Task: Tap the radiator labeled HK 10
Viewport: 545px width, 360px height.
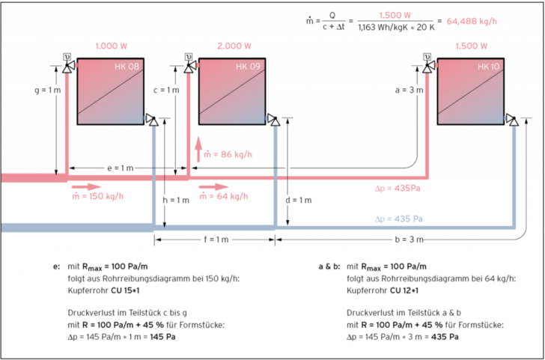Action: point(469,91)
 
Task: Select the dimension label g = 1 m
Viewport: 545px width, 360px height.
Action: point(48,91)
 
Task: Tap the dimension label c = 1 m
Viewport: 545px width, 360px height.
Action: point(166,91)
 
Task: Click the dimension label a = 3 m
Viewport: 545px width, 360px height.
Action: point(408,91)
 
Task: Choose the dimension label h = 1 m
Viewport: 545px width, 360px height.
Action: point(176,201)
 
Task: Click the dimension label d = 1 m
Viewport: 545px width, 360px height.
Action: point(297,201)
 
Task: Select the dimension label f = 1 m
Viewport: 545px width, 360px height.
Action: point(216,240)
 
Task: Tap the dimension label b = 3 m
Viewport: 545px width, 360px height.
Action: point(411,240)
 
